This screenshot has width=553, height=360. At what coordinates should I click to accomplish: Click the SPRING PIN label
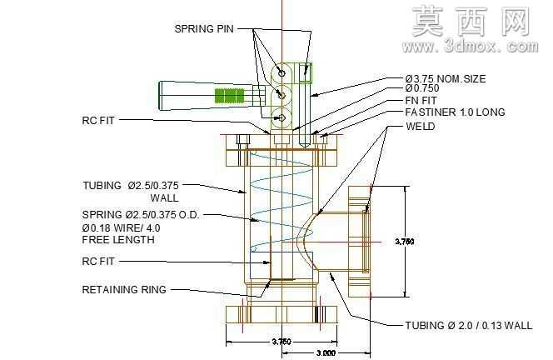204,29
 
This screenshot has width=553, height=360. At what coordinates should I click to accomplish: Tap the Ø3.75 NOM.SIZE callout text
446,78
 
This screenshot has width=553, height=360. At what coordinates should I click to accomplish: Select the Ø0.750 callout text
422,88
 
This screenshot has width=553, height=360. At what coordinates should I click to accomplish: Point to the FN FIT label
421,101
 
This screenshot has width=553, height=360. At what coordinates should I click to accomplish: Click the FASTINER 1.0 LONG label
455,112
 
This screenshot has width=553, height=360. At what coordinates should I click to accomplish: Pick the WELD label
421,127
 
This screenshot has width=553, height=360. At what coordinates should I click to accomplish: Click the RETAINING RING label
124,290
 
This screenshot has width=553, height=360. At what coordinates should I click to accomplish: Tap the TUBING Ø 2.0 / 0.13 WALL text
469,325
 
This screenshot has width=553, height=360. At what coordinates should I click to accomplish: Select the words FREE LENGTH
118,240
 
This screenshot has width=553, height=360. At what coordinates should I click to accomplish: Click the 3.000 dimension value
326,353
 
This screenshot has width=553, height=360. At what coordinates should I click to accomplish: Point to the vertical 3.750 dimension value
405,242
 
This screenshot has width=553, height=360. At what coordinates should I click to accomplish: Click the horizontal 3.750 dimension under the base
281,342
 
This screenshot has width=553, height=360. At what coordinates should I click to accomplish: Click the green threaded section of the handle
229,96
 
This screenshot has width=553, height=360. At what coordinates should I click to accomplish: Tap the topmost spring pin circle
281,73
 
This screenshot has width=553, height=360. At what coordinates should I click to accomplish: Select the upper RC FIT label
98,121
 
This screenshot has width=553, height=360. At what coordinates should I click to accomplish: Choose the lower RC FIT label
98,262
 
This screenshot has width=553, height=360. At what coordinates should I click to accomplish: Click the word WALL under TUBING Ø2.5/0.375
164,198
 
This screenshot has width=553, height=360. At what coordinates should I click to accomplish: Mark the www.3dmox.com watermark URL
471,47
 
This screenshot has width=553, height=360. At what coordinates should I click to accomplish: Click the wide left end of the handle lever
160,96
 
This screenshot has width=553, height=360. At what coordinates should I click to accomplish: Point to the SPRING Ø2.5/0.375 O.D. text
141,215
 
